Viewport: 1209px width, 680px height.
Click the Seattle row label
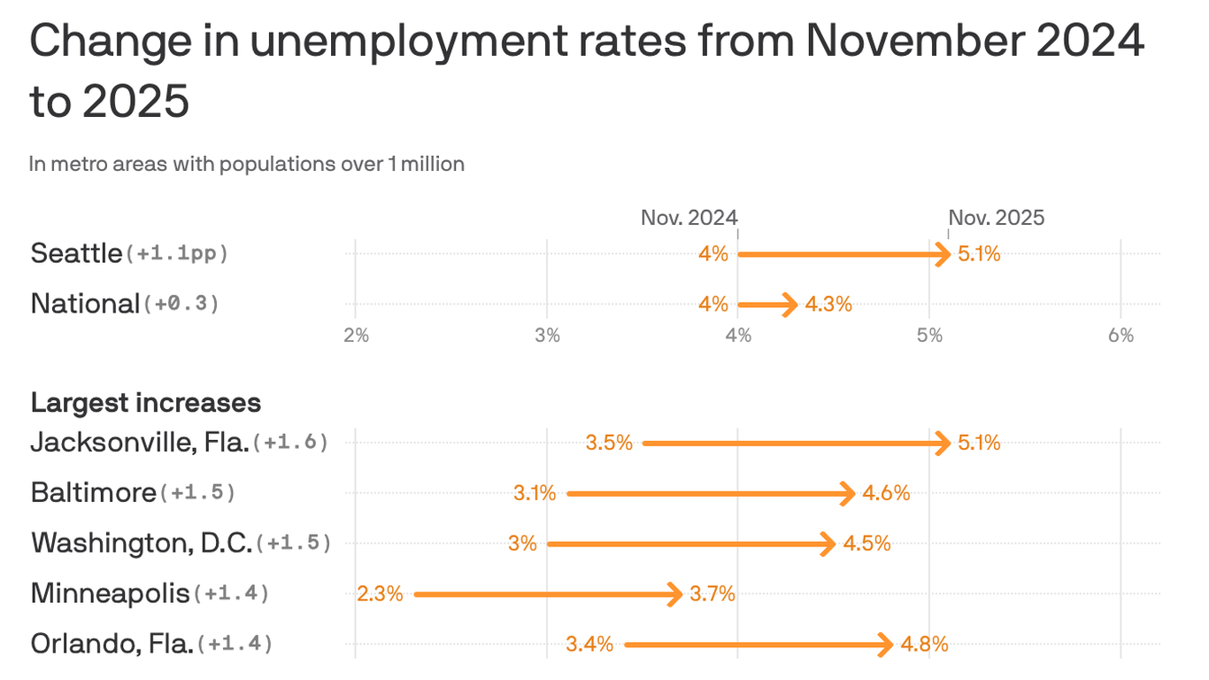tap(76, 254)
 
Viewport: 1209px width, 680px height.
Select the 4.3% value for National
tap(828, 305)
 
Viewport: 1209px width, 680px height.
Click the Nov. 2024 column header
tap(689, 218)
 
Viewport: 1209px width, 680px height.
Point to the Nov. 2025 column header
tap(997, 218)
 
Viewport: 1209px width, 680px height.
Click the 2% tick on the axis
tap(356, 336)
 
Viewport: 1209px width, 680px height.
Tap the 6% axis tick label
tap(1120, 336)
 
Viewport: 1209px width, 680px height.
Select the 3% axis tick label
tap(547, 336)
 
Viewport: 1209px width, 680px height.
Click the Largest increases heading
tap(146, 403)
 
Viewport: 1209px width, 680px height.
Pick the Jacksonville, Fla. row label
tap(140, 442)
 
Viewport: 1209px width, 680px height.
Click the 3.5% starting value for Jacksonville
tap(609, 443)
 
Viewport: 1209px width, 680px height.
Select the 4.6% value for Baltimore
tap(887, 493)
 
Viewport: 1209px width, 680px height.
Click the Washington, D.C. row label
tap(142, 543)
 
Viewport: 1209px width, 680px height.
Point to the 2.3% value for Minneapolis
tap(380, 594)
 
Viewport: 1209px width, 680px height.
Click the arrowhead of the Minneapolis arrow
tap(676, 594)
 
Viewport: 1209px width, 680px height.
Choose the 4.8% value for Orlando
tap(924, 645)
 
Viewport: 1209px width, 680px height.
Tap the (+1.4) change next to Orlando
tap(235, 644)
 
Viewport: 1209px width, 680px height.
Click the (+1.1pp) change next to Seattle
tap(178, 254)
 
